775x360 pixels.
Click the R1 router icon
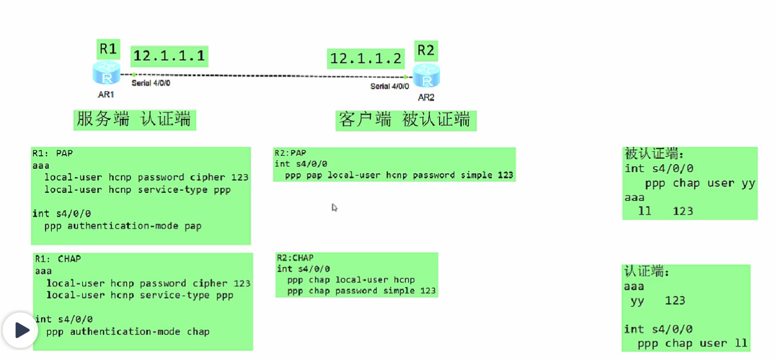(x=106, y=74)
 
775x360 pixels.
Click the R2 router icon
(x=426, y=76)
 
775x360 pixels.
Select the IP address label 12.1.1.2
(x=366, y=58)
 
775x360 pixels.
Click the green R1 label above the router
(x=107, y=49)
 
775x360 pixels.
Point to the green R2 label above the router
(x=425, y=51)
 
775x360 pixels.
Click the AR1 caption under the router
(x=106, y=94)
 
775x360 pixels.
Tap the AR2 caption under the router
(x=426, y=97)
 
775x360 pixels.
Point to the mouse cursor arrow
(x=334, y=208)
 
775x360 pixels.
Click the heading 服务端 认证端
(x=134, y=119)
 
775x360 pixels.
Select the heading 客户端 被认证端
(x=405, y=120)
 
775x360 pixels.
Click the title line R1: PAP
(x=52, y=153)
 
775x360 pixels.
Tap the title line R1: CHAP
(x=57, y=259)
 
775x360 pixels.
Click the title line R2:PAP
(x=290, y=152)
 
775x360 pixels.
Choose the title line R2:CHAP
(x=295, y=258)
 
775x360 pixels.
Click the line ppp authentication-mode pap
(x=123, y=226)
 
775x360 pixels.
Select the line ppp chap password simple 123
(x=361, y=291)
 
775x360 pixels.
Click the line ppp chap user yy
(x=700, y=183)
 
